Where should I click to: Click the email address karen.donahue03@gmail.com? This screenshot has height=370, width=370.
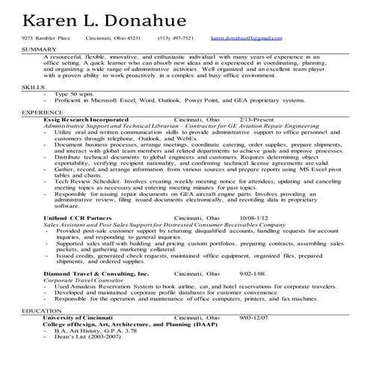[245, 37]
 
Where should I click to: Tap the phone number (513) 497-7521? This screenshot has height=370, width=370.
[176, 37]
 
